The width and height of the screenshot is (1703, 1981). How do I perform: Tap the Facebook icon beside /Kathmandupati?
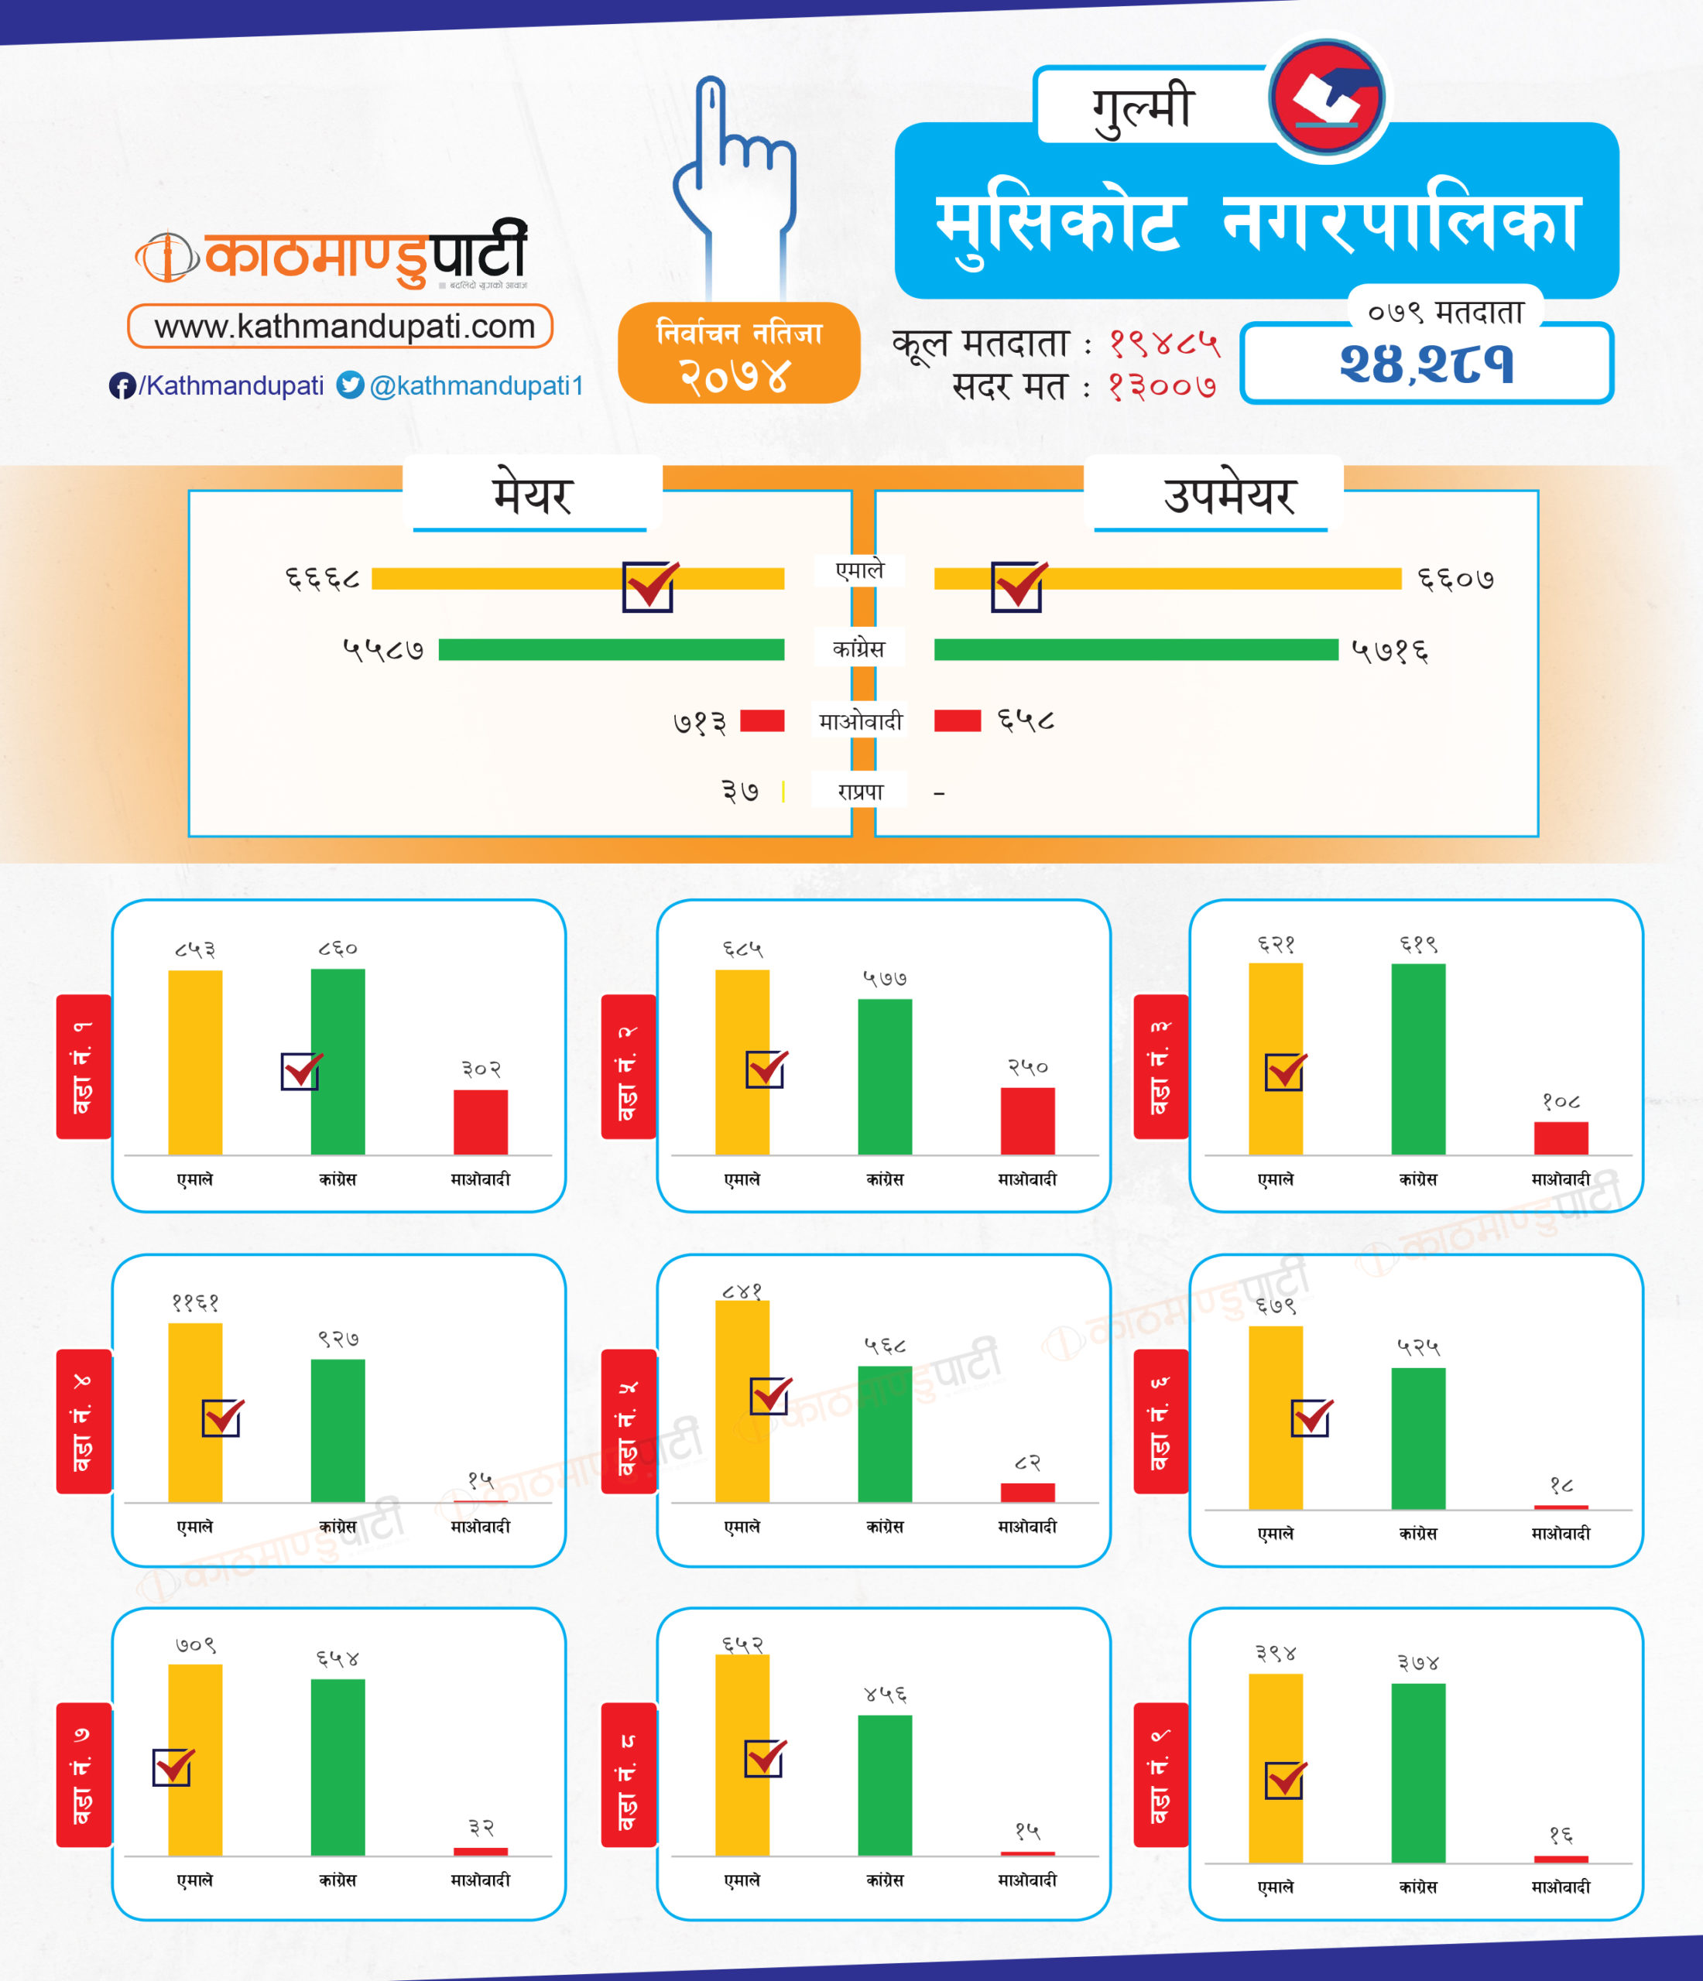122,385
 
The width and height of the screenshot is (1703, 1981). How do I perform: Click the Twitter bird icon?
350,385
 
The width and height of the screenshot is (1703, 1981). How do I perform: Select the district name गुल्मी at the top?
1143,106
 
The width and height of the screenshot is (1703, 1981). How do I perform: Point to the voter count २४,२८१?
1427,364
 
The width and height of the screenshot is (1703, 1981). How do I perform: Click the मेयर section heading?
532,495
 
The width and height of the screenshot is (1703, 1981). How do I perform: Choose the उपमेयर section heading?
1228,495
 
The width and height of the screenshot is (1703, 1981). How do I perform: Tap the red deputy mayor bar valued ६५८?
957,720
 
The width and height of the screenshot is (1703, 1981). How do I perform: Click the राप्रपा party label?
859,792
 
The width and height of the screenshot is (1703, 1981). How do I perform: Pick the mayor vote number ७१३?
700,723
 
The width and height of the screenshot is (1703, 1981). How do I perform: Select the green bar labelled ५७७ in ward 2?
885,1076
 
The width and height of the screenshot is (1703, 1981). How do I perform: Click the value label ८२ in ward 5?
1027,1463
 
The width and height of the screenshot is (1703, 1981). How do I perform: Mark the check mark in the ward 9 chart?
1285,1779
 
